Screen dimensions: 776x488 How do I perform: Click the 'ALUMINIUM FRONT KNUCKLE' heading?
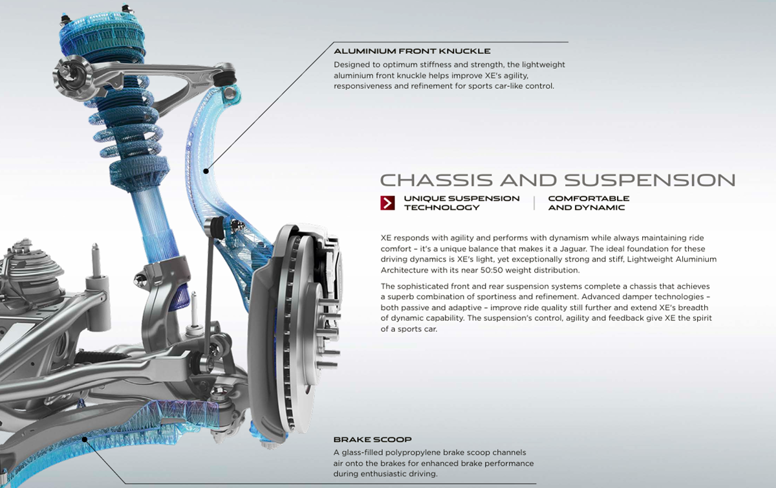click(x=412, y=51)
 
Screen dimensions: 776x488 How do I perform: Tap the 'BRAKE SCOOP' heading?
click(x=372, y=439)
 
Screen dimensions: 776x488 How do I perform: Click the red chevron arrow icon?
click(x=387, y=203)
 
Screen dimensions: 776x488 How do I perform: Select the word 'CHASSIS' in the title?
click(x=436, y=180)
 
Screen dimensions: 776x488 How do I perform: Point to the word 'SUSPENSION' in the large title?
click(x=650, y=180)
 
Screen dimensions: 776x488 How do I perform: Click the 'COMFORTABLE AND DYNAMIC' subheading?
click(x=588, y=203)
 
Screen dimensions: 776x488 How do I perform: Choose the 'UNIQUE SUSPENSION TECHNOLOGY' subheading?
click(x=462, y=203)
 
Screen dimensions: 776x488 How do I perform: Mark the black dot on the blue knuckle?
click(x=206, y=171)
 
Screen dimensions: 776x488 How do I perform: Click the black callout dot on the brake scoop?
click(x=84, y=439)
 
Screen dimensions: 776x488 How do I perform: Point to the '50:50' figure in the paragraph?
click(x=491, y=270)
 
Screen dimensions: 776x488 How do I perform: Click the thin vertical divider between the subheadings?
click(x=534, y=203)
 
